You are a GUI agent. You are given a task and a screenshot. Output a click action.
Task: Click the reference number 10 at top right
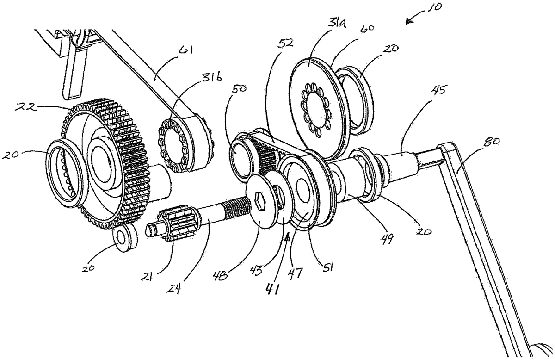coord(432,7)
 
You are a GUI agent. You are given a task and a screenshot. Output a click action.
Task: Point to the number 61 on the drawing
coord(186,52)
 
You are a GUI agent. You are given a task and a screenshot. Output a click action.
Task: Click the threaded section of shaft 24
coord(238,205)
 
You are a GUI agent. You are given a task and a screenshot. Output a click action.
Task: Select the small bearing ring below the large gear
coord(125,237)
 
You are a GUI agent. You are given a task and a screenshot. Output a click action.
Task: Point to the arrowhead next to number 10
coord(409,22)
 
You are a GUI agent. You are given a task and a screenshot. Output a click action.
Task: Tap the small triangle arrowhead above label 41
coord(287,238)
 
